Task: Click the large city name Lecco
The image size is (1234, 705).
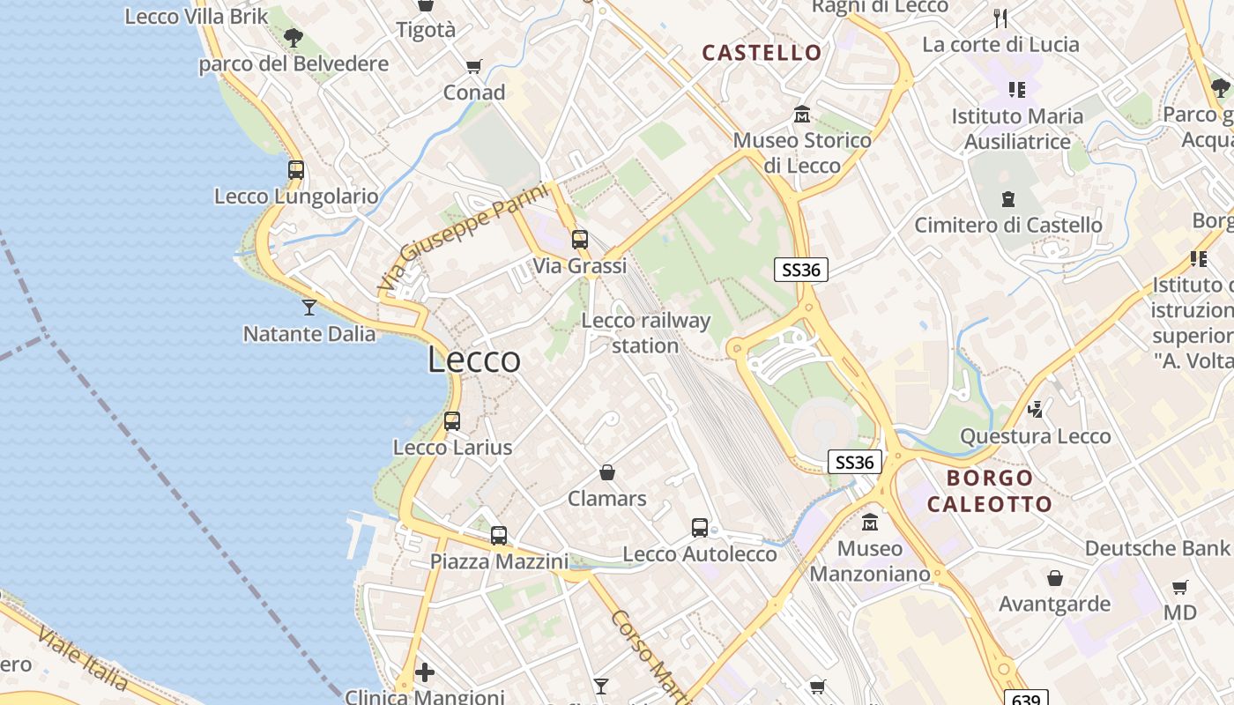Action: [x=474, y=360]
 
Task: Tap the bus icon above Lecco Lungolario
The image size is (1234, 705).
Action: [x=296, y=170]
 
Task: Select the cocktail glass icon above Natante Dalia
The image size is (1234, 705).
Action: [x=309, y=307]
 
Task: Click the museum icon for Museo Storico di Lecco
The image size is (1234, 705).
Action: [x=802, y=115]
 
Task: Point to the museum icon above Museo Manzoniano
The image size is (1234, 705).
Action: [x=870, y=522]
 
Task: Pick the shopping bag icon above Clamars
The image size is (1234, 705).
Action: [x=607, y=473]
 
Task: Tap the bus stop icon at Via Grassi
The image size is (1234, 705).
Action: [x=579, y=239]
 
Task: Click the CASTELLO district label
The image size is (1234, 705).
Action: [x=762, y=53]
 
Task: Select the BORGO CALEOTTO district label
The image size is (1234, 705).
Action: [x=990, y=491]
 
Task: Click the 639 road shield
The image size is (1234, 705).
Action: [x=1026, y=698]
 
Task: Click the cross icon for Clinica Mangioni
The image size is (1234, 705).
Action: [x=425, y=672]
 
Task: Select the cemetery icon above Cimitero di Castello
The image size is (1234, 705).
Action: [x=1008, y=199]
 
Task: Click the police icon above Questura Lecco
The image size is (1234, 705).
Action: [x=1036, y=410]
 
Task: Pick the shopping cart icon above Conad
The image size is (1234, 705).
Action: [x=474, y=67]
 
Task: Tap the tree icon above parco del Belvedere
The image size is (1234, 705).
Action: [x=294, y=38]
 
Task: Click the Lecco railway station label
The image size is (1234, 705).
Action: [x=646, y=333]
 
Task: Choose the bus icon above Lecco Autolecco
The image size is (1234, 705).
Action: [x=700, y=528]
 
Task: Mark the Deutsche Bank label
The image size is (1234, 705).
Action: [x=1156, y=548]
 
